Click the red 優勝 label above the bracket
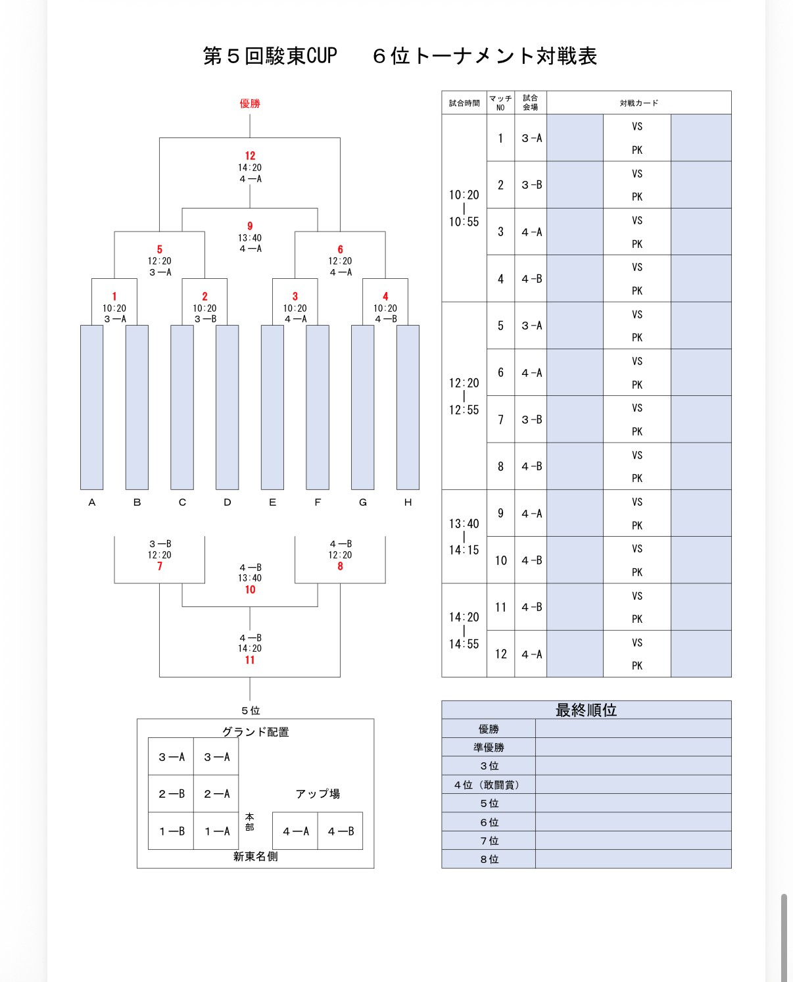[x=250, y=103]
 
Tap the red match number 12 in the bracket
[x=250, y=156]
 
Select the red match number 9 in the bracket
[x=250, y=226]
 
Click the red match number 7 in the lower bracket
[x=160, y=566]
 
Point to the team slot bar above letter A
[x=92, y=407]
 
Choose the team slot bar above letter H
[x=408, y=407]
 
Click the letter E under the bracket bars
[x=272, y=503]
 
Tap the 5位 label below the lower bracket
[x=251, y=710]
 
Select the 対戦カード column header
[x=638, y=103]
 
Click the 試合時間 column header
[x=464, y=103]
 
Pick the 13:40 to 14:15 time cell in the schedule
[x=464, y=537]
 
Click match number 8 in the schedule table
[x=500, y=466]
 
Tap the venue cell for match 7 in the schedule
[x=531, y=420]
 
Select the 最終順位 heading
[x=586, y=710]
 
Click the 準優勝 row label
[x=489, y=747]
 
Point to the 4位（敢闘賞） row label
[x=489, y=785]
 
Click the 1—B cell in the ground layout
[x=171, y=831]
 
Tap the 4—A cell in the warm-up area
[x=295, y=831]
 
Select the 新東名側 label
[x=255, y=856]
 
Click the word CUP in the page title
[x=322, y=56]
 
